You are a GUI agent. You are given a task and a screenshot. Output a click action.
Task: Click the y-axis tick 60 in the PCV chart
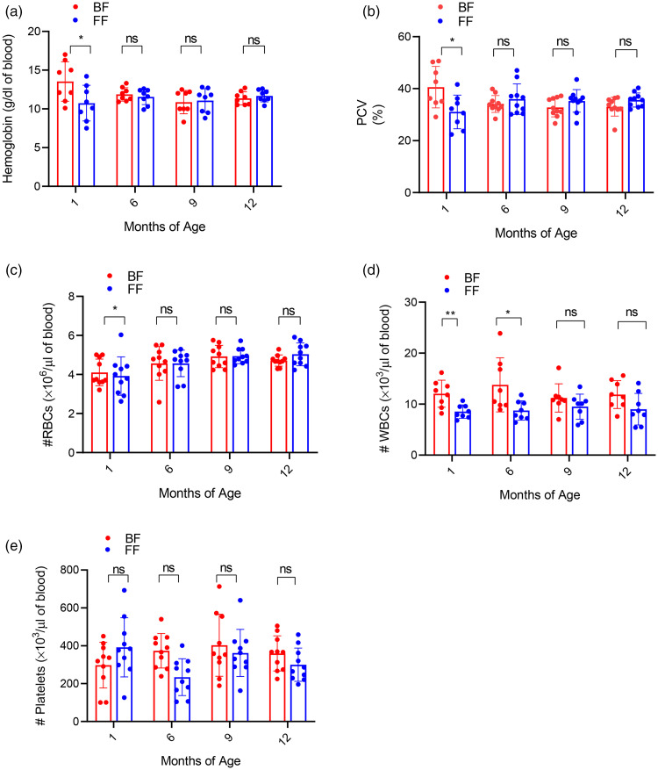point(382,38)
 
